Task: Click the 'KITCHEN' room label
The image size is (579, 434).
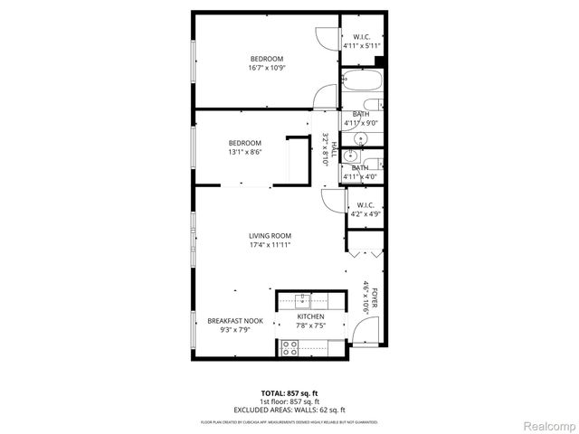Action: click(x=310, y=317)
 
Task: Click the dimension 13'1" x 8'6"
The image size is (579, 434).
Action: click(x=245, y=153)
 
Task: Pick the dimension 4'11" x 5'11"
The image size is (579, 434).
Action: click(x=362, y=45)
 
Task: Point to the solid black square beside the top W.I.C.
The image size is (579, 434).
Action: click(x=380, y=61)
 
